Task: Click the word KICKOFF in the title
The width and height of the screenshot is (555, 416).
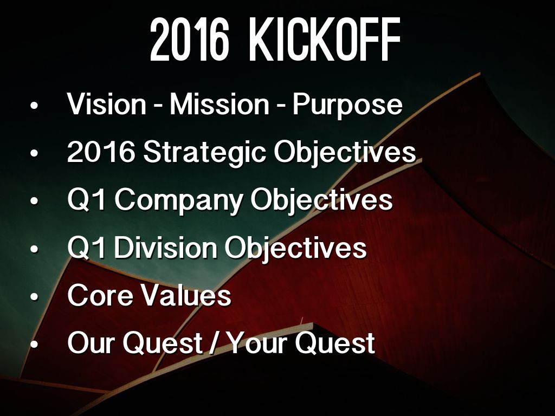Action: (325, 40)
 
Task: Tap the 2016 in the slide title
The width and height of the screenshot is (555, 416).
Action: (189, 40)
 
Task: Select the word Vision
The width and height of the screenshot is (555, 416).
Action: (107, 104)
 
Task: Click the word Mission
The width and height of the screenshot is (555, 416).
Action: (220, 104)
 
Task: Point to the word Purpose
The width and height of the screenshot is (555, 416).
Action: (347, 106)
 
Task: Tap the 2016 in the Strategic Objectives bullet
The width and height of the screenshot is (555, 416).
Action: (101, 152)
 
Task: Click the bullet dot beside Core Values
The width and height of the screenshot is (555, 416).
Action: (34, 296)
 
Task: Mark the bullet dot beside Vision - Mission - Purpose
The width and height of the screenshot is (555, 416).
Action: (34, 106)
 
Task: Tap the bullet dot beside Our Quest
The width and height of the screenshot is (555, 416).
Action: (34, 344)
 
